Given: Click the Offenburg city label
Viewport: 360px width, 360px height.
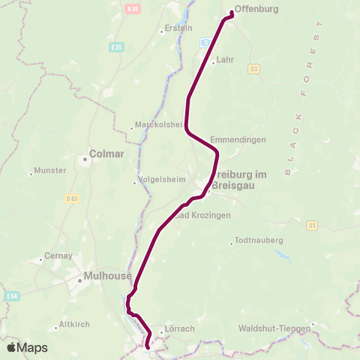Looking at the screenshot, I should [256, 10].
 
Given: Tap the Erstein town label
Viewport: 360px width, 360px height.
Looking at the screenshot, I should [178, 29].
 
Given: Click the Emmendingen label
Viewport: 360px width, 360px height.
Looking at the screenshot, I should [238, 139].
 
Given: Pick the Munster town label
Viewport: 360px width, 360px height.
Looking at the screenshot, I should [52, 170].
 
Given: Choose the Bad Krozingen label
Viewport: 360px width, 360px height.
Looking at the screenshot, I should [202, 214].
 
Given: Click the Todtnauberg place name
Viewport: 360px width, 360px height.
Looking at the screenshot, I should [258, 240].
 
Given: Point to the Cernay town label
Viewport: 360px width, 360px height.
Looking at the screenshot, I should [59, 255].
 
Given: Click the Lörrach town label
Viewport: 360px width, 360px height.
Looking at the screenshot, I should [179, 328].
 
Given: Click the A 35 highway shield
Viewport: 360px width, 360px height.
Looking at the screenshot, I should [133, 9].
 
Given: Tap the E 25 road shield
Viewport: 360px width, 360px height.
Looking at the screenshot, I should [115, 47].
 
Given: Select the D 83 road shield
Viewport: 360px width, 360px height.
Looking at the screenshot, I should [71, 199].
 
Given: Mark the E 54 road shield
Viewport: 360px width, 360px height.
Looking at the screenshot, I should [10, 295].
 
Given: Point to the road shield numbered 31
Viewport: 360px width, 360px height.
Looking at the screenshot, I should [313, 224].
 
